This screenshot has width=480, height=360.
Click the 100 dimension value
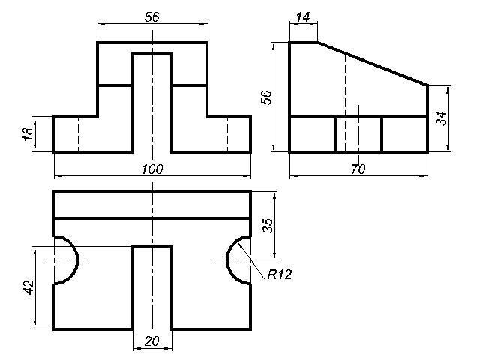point(152,169)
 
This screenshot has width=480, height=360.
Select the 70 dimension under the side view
point(358,169)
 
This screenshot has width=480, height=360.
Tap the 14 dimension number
point(303,17)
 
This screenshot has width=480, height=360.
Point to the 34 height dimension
point(441,118)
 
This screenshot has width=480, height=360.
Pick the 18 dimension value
point(28,134)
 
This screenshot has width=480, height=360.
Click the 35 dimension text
point(268,225)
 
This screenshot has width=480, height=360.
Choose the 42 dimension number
point(29,287)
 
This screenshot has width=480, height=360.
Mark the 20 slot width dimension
point(151,341)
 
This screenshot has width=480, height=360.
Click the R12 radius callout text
point(280,274)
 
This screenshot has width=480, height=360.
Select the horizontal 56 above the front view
point(152,17)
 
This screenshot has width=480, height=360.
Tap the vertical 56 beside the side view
point(267,97)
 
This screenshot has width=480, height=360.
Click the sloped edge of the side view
point(373,64)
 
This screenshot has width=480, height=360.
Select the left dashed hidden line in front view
point(78,134)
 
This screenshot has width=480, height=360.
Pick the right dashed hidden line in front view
point(227,134)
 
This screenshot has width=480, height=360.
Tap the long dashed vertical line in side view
point(345,103)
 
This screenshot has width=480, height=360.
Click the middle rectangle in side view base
point(358,134)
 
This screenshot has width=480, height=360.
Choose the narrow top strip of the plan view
point(152,205)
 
